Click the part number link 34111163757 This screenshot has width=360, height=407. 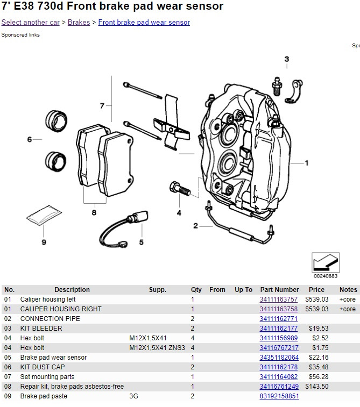point(278,299)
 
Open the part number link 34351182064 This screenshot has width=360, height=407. point(279,358)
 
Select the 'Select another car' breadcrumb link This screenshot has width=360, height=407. point(30,23)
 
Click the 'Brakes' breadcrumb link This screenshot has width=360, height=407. point(79,23)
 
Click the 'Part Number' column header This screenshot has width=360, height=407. point(279,290)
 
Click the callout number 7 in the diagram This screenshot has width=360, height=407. point(102,106)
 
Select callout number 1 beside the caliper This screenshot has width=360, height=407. point(307,162)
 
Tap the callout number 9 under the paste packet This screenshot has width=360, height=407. point(44,242)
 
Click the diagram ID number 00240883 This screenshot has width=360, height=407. point(325,276)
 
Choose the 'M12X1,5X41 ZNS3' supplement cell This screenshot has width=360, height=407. point(157,348)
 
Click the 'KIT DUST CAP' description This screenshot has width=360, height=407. point(43,367)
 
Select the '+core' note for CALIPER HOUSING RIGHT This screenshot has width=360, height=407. point(347,309)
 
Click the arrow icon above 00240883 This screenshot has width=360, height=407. point(325,262)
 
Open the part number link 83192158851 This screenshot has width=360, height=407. point(279,396)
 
